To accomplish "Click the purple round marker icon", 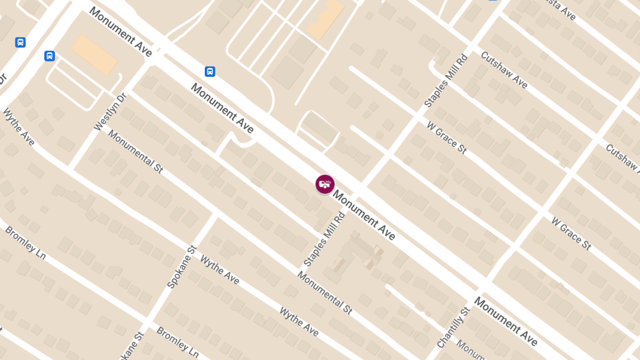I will coord(325,185).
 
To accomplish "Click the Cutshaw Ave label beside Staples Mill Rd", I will coord(504,70).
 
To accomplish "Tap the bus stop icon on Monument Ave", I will coord(210,71).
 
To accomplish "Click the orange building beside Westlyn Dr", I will coord(94,54).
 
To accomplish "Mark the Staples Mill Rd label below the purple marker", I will coord(324,239).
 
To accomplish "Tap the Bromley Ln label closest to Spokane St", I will coord(177,342).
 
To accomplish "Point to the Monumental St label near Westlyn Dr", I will coord(135,151).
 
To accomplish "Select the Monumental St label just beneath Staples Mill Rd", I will coord(325,293).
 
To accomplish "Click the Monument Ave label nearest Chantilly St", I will coord(506,321).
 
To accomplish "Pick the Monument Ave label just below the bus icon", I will coord(222,108).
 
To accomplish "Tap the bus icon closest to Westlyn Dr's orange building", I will coord(50,56).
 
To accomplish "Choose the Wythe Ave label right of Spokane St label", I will coord(219,270).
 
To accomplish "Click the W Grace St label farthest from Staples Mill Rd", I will coord(571,234).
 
